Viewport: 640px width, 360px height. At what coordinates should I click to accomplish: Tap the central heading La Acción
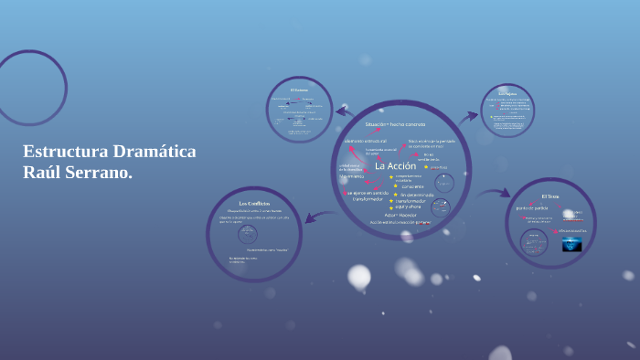coord(395,165)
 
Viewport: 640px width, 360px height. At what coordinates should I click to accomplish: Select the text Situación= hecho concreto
coord(395,123)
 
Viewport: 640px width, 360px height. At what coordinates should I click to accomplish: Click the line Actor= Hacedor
coord(387,215)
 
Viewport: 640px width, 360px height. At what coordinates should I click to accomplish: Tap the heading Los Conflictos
coord(254,203)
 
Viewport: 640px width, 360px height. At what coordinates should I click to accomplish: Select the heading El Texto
coord(549,196)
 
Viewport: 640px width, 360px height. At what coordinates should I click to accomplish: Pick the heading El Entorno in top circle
coord(300,90)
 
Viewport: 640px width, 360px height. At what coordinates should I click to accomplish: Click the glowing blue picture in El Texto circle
coord(572,244)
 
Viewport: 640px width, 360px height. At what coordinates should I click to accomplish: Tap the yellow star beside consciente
coord(395,185)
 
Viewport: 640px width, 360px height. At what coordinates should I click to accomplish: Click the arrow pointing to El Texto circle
coord(495,193)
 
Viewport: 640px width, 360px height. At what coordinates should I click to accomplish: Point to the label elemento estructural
coord(366,142)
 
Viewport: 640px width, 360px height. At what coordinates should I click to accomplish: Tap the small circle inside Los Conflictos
coord(248,234)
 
